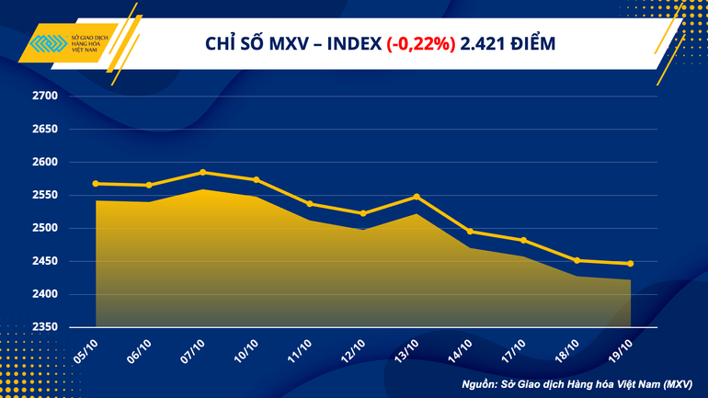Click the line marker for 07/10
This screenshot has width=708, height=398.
click(x=202, y=172)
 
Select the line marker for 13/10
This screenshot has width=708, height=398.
click(x=417, y=197)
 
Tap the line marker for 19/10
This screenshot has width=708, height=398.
click(x=630, y=264)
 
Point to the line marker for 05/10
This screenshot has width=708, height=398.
click(x=96, y=184)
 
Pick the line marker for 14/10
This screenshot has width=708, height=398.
click(x=470, y=232)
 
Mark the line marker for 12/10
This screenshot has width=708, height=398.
click(x=363, y=213)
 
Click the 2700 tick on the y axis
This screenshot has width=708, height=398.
click(x=45, y=97)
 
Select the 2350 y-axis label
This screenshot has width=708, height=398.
click(x=45, y=327)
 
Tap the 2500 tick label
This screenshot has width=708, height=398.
click(x=45, y=229)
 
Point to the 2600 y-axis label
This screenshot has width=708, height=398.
click(x=45, y=163)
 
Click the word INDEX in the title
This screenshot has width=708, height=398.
click(x=352, y=43)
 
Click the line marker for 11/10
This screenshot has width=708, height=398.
click(x=310, y=203)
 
